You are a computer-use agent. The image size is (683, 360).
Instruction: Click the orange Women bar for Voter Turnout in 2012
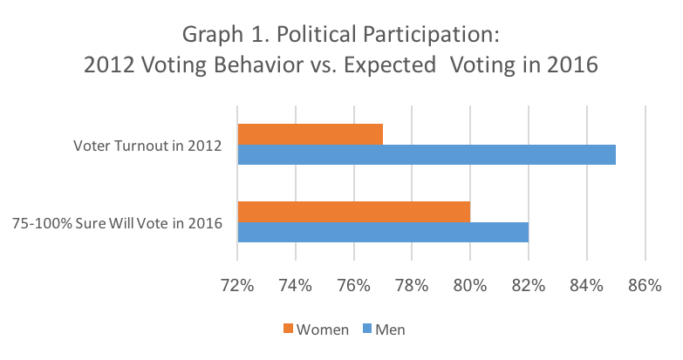point(310,133)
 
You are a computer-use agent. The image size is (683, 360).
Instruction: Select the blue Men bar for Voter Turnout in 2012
point(427,154)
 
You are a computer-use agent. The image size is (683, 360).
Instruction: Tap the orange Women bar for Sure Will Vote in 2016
point(353,212)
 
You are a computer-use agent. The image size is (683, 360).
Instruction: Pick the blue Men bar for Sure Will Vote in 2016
point(383,233)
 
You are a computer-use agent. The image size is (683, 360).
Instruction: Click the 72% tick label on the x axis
point(237,285)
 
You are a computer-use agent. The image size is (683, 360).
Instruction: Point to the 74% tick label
point(296,285)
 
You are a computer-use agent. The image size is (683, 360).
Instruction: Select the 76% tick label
point(353,285)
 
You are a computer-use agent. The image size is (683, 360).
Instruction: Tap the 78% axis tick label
point(412,285)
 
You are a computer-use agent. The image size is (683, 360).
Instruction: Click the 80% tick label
point(470,285)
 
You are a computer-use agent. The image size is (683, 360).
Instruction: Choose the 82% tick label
point(529,285)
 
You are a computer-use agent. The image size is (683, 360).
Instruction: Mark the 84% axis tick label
point(586,285)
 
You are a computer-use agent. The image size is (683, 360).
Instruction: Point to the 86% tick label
point(645,285)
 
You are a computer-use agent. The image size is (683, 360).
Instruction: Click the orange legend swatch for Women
point(288,329)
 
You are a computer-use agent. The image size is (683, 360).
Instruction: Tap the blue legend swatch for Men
point(367,329)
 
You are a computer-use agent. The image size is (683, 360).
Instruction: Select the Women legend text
point(322,329)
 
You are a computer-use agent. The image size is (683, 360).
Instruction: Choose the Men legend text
point(390,329)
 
